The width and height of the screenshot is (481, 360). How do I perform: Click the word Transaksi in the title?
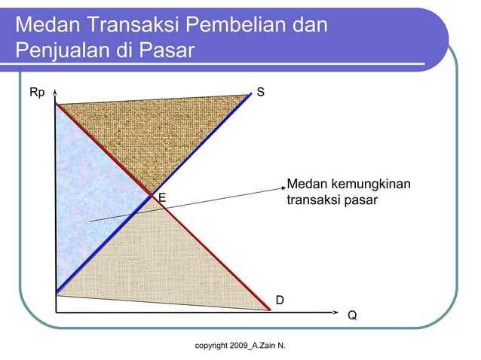(129, 25)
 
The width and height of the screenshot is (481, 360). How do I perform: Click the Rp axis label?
(36, 93)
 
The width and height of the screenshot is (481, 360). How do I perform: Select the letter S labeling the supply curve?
(260, 93)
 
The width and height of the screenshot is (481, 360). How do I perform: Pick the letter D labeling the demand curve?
(280, 301)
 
